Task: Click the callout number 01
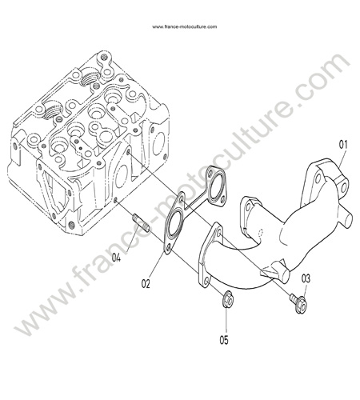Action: (343, 145)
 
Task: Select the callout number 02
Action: (146, 284)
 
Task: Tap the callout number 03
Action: (306, 279)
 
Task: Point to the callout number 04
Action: (116, 258)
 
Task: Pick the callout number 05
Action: (224, 340)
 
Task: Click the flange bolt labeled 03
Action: (298, 302)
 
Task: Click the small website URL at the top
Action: (185, 26)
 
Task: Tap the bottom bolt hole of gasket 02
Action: (169, 249)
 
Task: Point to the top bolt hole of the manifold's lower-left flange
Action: (219, 233)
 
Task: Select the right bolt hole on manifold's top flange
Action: (343, 186)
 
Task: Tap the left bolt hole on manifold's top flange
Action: (318, 178)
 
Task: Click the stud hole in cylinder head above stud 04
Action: (115, 201)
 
